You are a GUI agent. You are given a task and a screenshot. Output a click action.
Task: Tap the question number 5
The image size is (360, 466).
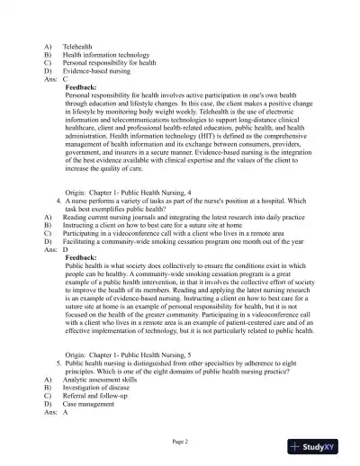(58, 361)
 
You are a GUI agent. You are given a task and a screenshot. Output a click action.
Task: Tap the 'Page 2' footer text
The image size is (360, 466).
(179, 442)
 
